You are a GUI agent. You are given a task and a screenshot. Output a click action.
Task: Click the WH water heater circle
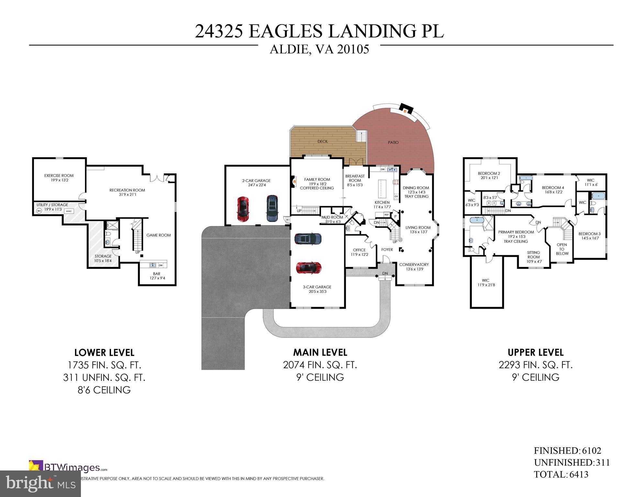[x=39, y=211]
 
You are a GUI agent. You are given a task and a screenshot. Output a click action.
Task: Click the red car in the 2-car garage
[x=243, y=209]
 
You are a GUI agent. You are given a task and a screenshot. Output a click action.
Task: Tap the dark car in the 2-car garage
[x=272, y=208]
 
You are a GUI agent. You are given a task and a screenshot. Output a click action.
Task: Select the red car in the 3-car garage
[x=308, y=267]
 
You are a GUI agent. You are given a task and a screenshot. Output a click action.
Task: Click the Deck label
[x=322, y=141]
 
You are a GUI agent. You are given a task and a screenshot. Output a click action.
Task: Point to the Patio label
[x=393, y=142]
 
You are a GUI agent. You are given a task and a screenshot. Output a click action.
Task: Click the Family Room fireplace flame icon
[x=294, y=182]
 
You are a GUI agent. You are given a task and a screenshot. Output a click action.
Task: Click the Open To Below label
[x=562, y=249]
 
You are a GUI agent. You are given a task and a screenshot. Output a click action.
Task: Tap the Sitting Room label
[x=533, y=255]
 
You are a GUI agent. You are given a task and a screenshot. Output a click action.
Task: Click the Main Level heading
[x=320, y=352]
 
